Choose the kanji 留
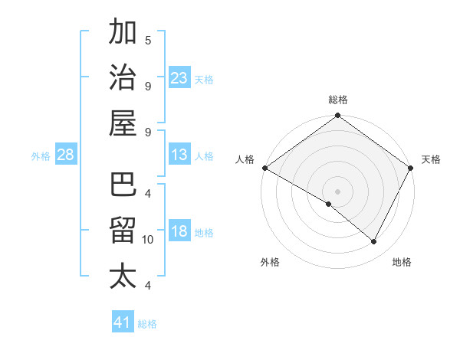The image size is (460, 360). pos(123,231)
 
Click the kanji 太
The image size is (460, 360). pos(123,275)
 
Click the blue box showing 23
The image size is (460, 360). pos(179,77)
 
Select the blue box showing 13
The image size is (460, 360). pos(179,155)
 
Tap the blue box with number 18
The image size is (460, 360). pos(179,231)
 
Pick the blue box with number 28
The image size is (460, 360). pos(65,155)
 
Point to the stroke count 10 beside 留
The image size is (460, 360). pos(148,240)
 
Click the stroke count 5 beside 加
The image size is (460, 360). pos(148,40)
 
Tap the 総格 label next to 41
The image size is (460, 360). pos(147,323)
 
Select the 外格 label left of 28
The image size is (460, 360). pos(41,156)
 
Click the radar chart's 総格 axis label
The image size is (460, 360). pos(338,100)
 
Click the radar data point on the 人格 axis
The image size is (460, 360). pos(264,168)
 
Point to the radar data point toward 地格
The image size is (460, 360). pos(374,242)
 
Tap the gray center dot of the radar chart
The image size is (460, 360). pos(338,191)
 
